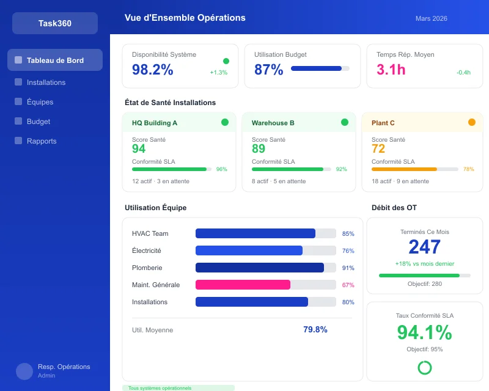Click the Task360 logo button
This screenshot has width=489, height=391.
55,23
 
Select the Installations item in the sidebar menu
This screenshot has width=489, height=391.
46,82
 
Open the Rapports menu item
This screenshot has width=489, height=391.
42,141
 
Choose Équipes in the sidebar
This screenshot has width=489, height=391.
40,102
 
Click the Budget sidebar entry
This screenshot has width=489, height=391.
39,122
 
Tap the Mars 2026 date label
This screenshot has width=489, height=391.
431,18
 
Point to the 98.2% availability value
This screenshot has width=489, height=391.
153,70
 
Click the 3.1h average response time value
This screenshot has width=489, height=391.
391,70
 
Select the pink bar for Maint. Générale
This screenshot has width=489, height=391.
243,285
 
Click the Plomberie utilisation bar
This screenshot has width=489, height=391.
260,268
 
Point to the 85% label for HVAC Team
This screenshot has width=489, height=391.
348,233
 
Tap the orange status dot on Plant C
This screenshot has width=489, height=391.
471,122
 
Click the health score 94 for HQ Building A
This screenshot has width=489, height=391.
139,149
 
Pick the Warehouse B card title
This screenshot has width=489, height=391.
273,123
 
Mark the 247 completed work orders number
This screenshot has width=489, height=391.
424,247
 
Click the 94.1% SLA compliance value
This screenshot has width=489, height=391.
424,332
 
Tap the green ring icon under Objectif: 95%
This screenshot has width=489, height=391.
424,367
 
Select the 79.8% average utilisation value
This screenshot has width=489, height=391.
315,330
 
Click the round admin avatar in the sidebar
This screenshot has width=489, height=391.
24,371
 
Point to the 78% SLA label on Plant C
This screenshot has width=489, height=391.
468,169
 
